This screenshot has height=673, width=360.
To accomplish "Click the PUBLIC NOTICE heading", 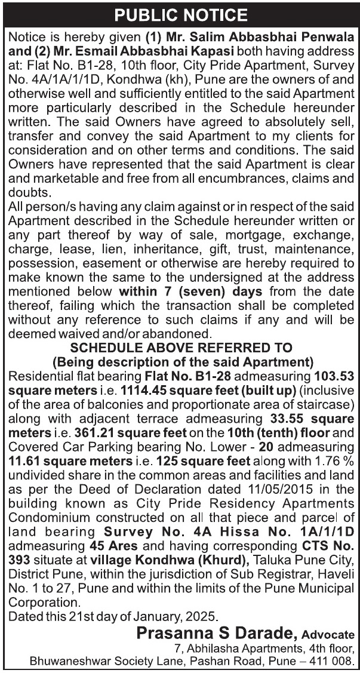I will pos(180,14).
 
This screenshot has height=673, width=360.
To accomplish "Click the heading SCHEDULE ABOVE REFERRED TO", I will pos(181,347).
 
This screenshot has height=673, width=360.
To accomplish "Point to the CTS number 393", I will pos(17,560).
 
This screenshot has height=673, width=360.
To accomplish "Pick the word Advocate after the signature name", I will pos(328,634).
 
